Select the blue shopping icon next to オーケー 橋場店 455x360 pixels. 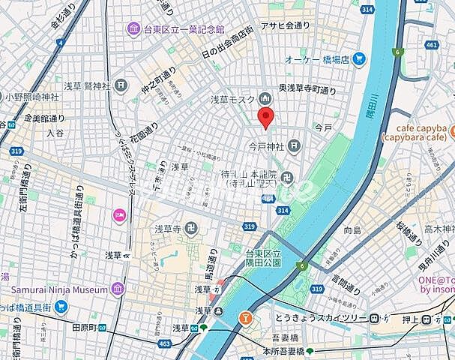click(361, 58)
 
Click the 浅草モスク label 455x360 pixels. click(233, 99)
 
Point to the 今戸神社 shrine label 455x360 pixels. click(268, 145)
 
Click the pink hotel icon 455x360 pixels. click(118, 216)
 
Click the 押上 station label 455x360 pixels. click(408, 319)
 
